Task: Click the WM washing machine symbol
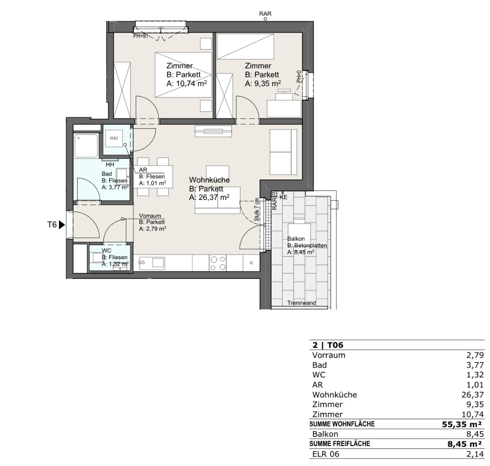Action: [114, 138]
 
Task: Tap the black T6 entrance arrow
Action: [61, 225]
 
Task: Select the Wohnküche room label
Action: [209, 180]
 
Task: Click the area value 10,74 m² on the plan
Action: [191, 83]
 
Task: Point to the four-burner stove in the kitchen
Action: [218, 263]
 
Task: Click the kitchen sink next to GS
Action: [158, 263]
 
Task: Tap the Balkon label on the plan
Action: [296, 239]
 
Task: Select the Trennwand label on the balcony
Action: [301, 302]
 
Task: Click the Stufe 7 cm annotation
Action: [256, 210]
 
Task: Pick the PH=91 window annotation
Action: [140, 36]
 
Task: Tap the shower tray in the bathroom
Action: [86, 146]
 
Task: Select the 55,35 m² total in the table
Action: [462, 424]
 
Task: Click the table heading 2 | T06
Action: [328, 345]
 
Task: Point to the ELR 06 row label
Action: [326, 454]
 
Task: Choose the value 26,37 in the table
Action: [473, 395]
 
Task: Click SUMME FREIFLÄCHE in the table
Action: [340, 444]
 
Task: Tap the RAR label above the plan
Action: [265, 14]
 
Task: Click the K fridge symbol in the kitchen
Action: [251, 263]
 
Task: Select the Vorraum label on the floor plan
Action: [150, 216]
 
